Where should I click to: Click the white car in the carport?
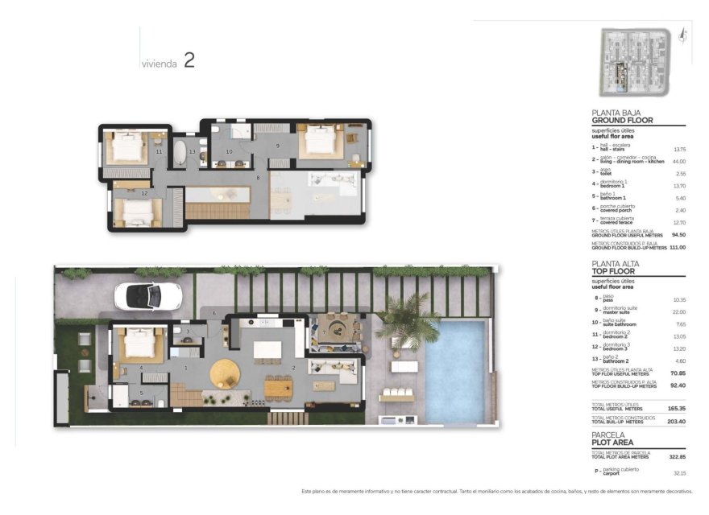139,295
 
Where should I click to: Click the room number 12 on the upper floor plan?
144,193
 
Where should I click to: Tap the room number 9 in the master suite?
277,146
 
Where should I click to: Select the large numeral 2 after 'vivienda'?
189,60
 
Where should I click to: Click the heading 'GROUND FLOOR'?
622,121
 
